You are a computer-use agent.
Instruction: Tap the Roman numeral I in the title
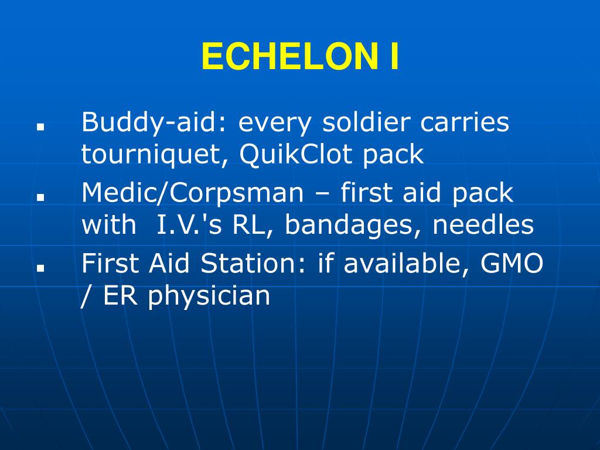[x=393, y=57]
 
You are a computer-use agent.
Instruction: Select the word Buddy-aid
[x=155, y=124]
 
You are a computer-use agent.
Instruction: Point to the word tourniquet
[x=155, y=154]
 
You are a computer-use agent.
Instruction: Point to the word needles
[x=483, y=225]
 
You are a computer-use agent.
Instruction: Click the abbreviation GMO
[x=512, y=264]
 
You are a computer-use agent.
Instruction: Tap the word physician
[x=209, y=296]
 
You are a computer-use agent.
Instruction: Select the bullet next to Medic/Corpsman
[x=40, y=197]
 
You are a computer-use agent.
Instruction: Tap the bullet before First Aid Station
[x=40, y=268]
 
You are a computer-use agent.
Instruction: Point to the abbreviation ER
[x=122, y=296]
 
